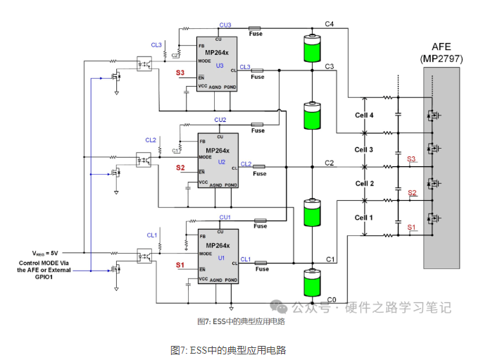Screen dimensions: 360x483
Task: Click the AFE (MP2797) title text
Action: point(441,53)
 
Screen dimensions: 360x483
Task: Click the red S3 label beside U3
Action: point(180,73)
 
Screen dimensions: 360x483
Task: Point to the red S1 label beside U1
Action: point(180,265)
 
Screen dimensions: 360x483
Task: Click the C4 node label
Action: point(329,24)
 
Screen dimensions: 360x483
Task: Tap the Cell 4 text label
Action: point(364,115)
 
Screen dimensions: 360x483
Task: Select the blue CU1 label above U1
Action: point(225,217)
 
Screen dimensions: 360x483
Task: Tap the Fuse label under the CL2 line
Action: point(260,173)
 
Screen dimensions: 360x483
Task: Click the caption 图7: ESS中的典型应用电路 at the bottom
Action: point(227,350)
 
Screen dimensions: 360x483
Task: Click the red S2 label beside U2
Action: point(180,168)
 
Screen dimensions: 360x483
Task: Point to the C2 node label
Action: point(329,163)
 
